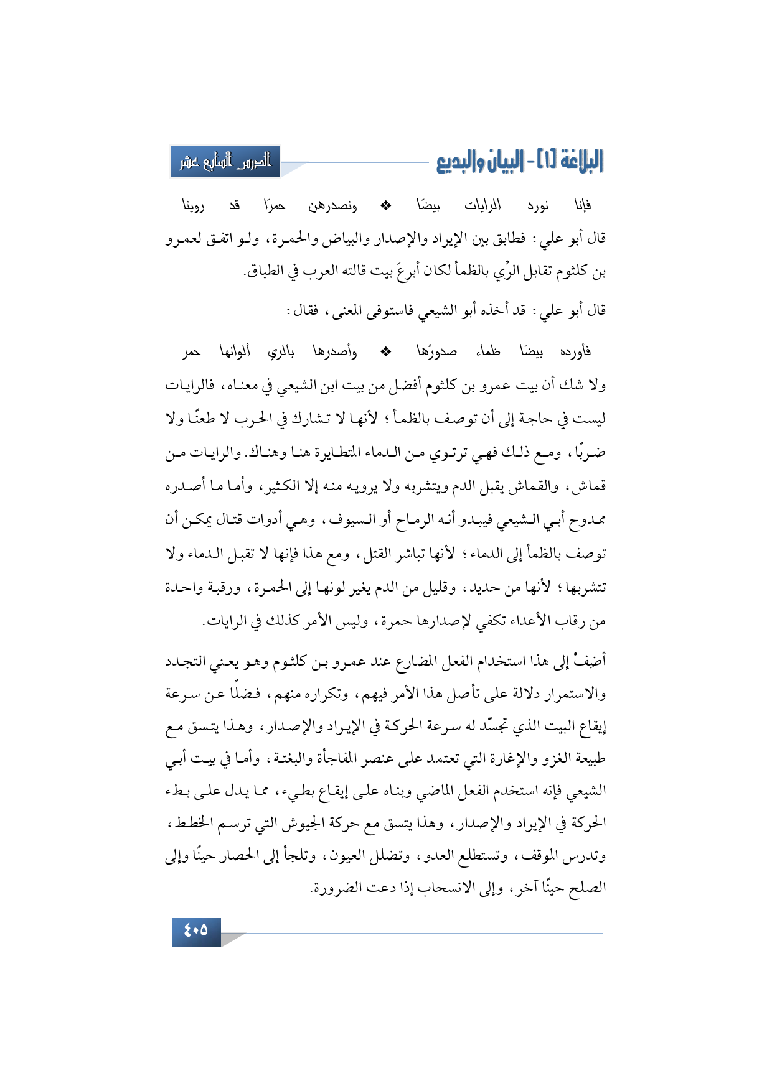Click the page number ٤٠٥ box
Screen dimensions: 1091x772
[196, 931]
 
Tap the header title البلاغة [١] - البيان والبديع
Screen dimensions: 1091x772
[520, 162]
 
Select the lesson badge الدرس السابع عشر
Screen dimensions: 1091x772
[225, 162]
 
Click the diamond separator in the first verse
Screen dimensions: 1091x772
[386, 205]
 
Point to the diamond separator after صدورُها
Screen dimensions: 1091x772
[386, 351]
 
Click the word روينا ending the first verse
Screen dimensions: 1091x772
[193, 205]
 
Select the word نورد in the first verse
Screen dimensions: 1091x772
[537, 205]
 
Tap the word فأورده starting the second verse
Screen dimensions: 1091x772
[575, 352]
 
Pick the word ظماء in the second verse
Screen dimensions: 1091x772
[488, 352]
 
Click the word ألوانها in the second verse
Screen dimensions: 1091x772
[235, 351]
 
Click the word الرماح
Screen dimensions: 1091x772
[403, 519]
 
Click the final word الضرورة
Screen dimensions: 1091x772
[336, 888]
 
